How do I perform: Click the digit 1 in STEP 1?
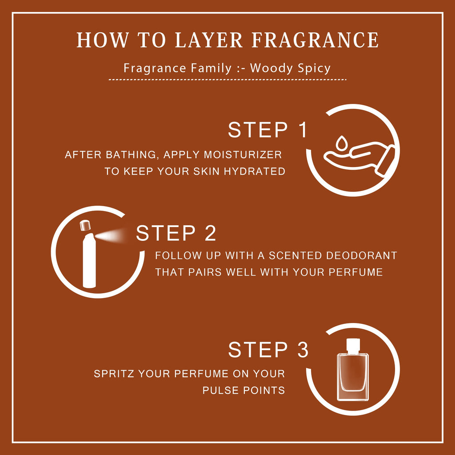point(303,130)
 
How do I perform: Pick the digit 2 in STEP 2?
point(210,233)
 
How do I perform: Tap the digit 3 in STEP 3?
point(303,350)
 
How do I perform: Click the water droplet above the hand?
point(341,143)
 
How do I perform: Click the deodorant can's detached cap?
point(85,225)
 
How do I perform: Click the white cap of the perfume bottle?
point(353,346)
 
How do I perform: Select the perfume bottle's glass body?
point(352,377)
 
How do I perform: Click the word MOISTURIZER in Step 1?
point(243,155)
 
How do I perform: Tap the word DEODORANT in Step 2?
point(362,255)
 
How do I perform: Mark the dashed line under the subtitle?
point(227,80)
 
